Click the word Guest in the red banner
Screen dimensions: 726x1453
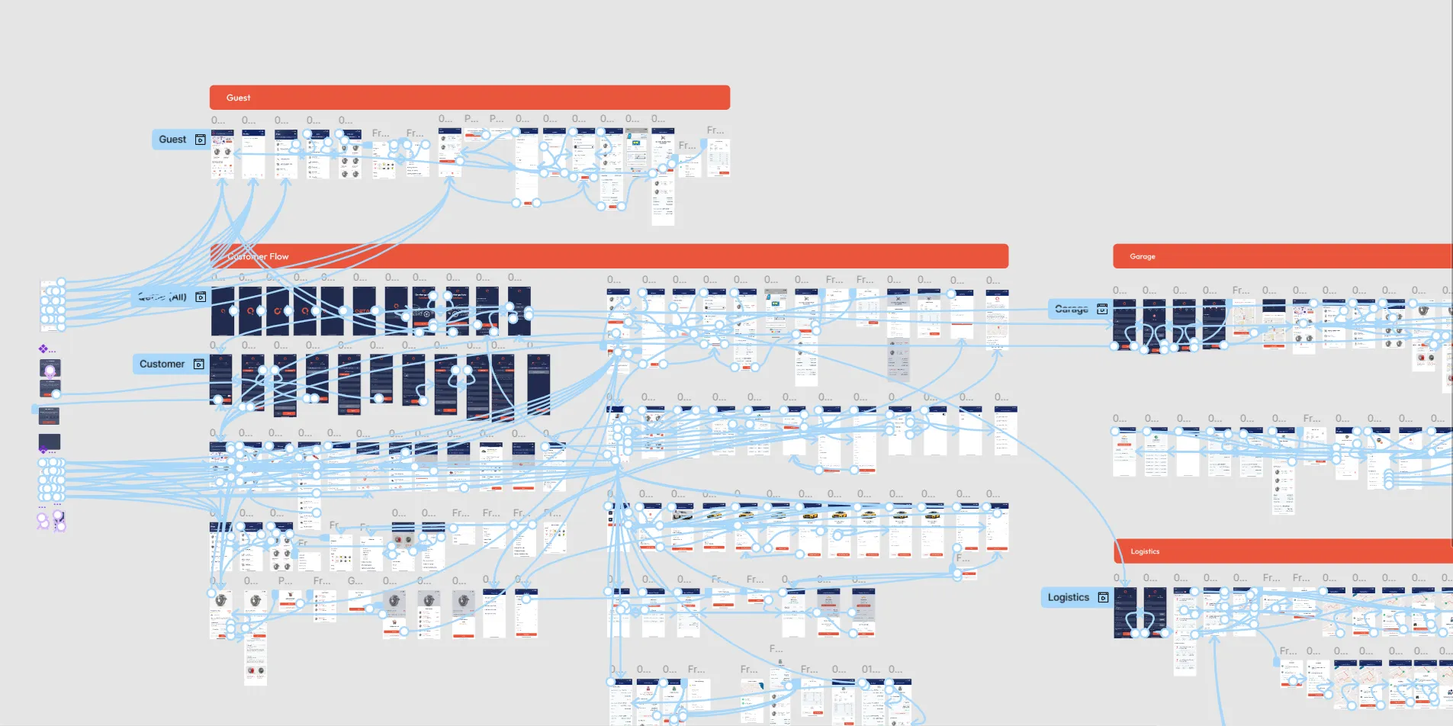pos(238,98)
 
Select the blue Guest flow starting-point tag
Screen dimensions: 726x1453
pos(173,140)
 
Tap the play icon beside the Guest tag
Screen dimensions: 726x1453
pos(201,140)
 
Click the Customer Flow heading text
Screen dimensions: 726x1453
pos(259,256)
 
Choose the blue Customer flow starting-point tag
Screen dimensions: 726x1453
pos(162,364)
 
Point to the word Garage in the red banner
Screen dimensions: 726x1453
pos(1142,256)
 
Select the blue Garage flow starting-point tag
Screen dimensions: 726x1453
pos(1072,309)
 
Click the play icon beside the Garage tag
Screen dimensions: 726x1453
pos(1102,309)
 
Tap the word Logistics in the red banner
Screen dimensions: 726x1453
pos(1144,551)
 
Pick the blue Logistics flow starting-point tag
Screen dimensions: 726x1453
pos(1068,597)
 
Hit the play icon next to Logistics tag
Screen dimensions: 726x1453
pos(1103,597)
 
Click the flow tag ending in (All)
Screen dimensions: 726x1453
pos(164,297)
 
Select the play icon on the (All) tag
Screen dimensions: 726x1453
pos(201,297)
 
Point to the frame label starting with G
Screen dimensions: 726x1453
pos(355,581)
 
